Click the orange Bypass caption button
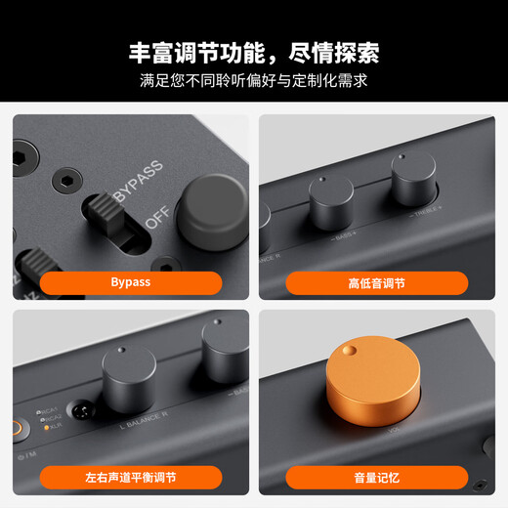pyautogui.click(x=131, y=283)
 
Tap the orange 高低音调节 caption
pyautogui.click(x=376, y=283)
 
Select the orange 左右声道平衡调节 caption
pyautogui.click(x=131, y=477)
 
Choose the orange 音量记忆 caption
pyautogui.click(x=376, y=477)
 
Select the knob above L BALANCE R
pyautogui.click(x=128, y=379)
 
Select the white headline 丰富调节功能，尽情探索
pyautogui.click(x=254, y=51)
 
